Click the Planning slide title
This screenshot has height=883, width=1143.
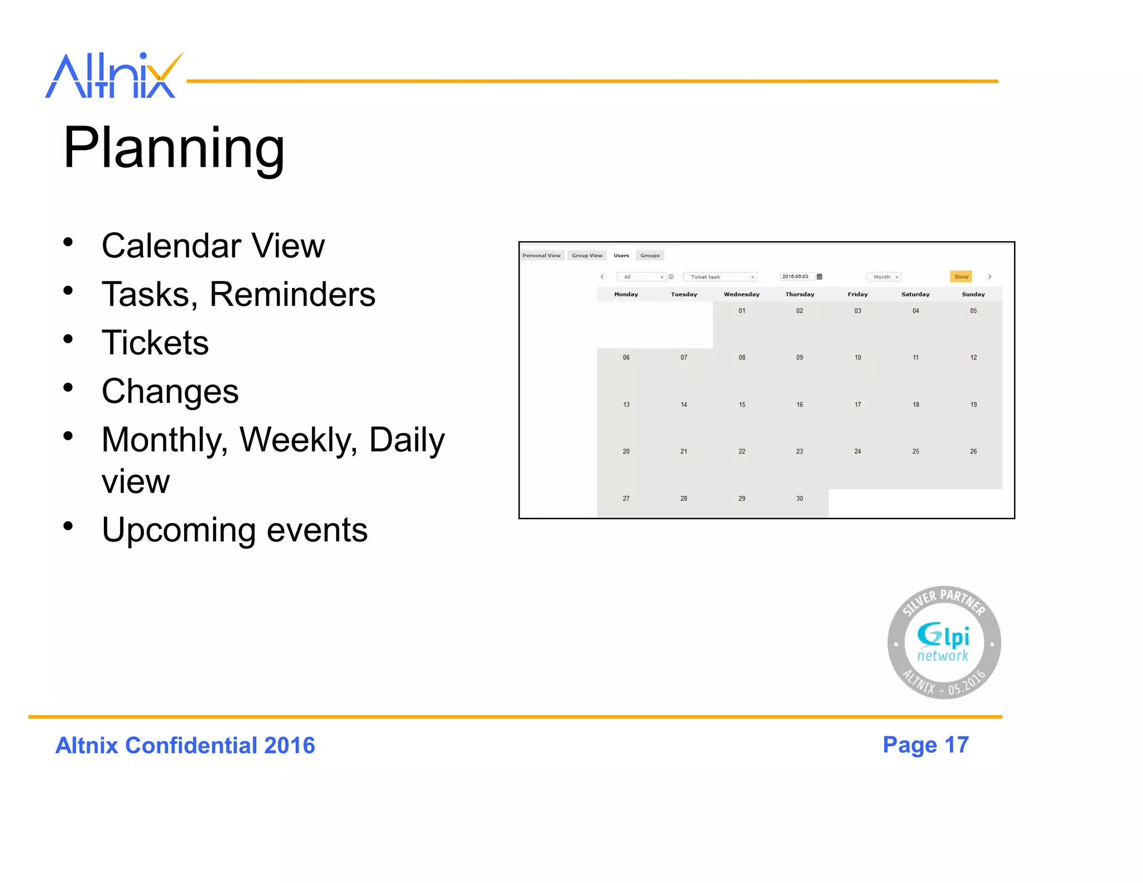(x=174, y=147)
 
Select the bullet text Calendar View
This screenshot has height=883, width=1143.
(x=213, y=246)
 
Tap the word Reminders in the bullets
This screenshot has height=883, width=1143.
(x=292, y=294)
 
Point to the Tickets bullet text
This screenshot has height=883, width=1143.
(x=155, y=343)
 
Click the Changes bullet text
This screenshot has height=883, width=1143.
(x=170, y=391)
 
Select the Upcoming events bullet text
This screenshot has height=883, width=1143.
(x=234, y=530)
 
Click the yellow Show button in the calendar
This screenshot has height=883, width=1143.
(x=960, y=277)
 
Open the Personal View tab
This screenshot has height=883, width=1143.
(x=541, y=256)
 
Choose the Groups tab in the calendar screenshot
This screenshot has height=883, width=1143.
(x=650, y=256)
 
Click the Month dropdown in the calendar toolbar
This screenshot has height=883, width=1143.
(x=884, y=277)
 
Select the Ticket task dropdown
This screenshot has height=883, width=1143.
(x=719, y=277)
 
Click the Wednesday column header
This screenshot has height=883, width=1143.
(x=741, y=294)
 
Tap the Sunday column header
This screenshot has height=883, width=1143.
(x=973, y=294)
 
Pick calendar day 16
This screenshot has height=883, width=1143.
(x=799, y=405)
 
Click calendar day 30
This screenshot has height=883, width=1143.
(x=799, y=498)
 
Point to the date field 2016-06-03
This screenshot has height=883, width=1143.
(x=795, y=277)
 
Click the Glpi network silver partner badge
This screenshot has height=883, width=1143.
(x=944, y=642)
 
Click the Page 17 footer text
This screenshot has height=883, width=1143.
(x=925, y=745)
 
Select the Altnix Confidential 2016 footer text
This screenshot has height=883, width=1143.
(x=185, y=746)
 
